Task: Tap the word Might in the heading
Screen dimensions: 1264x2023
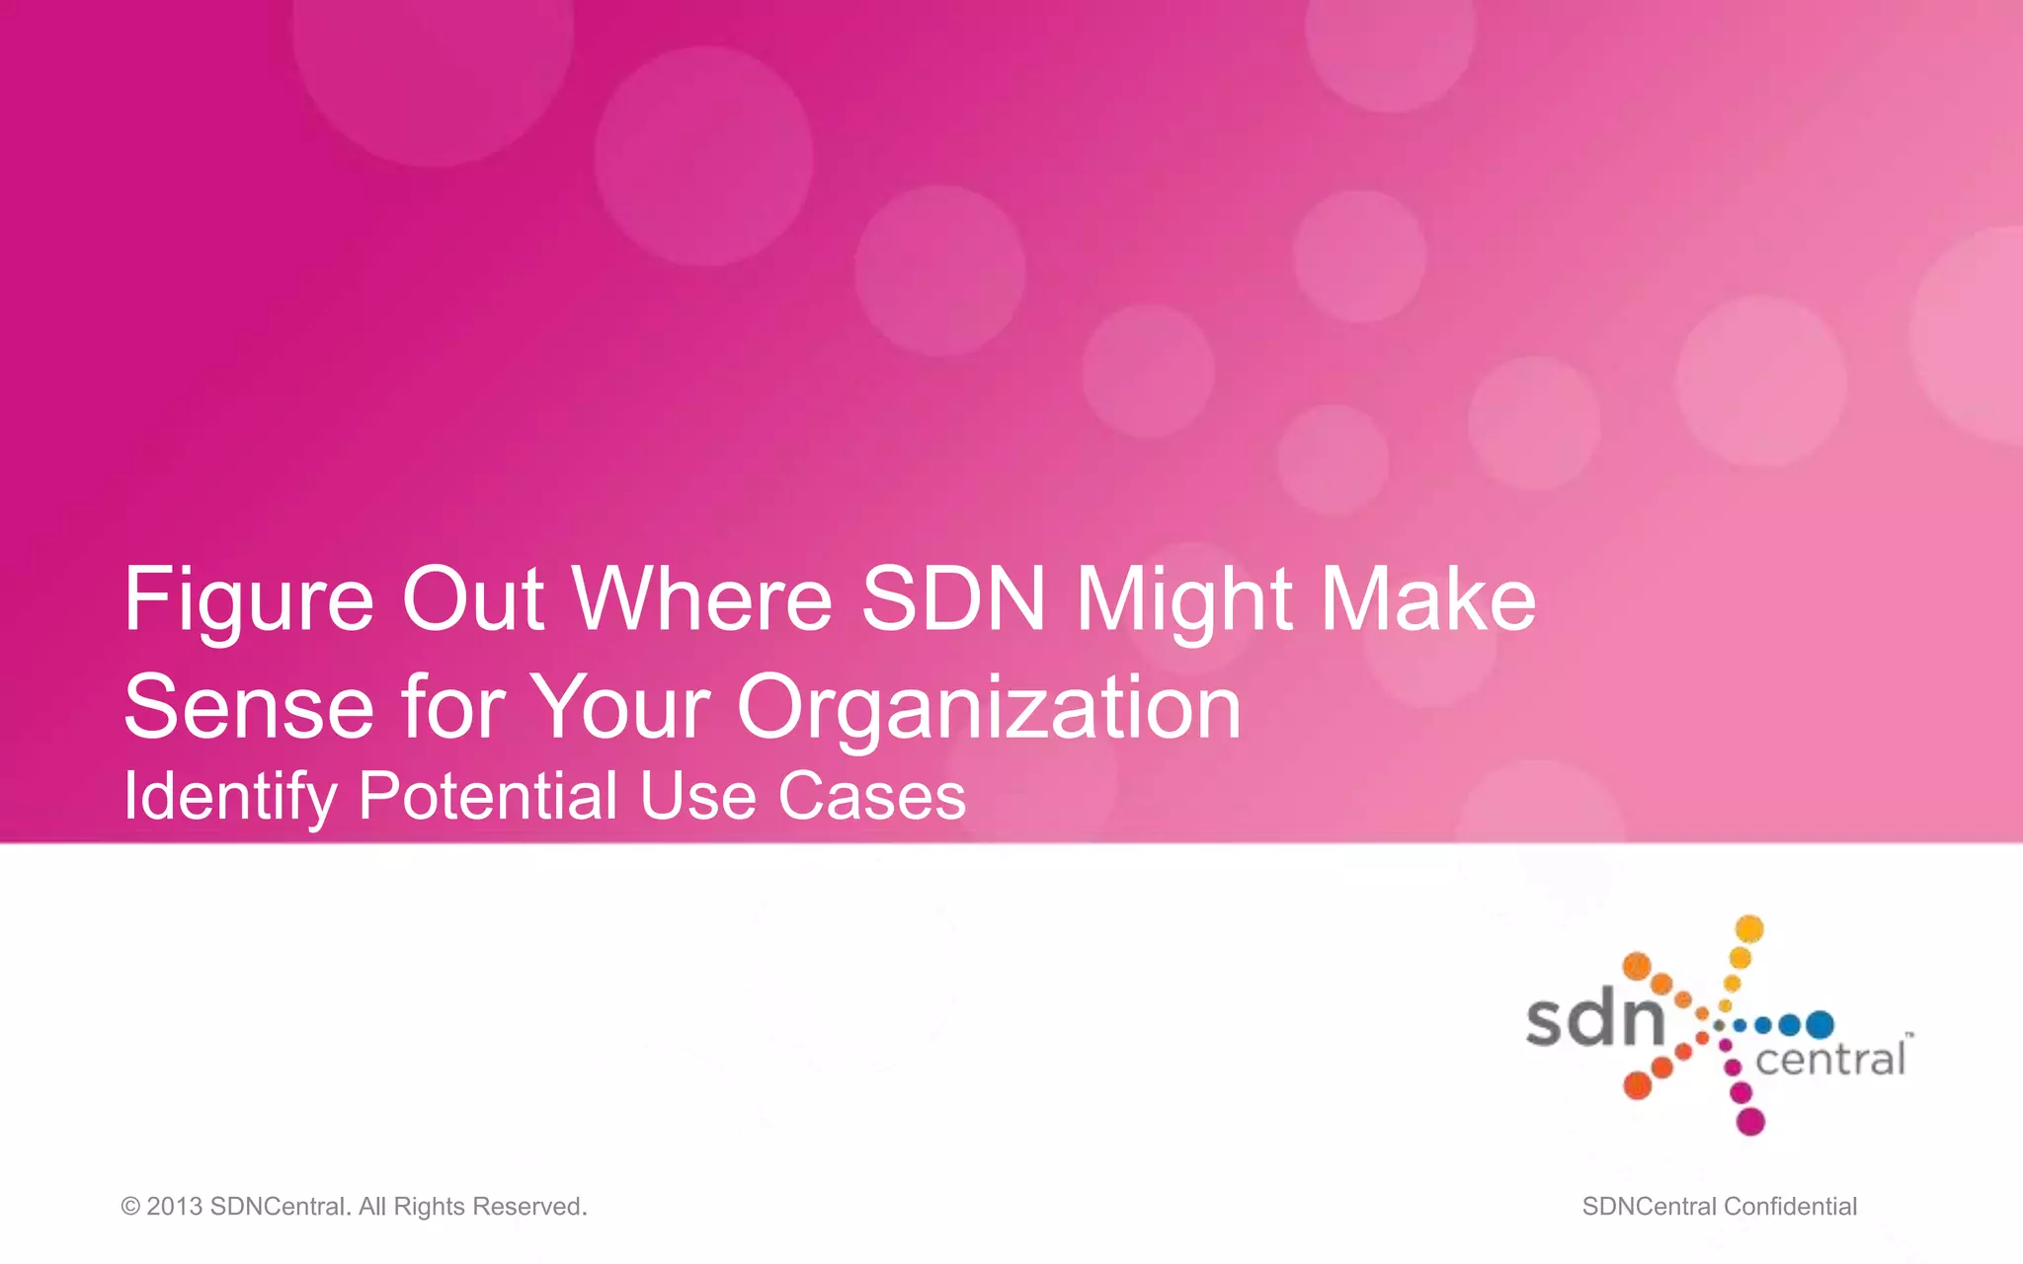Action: point(1184,600)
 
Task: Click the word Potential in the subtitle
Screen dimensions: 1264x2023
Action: point(488,796)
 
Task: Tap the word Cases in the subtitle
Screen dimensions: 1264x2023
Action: point(872,796)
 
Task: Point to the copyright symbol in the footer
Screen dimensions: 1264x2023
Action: point(130,1207)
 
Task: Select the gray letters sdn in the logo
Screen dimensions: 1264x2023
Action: point(1595,1020)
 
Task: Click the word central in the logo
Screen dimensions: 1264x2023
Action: point(1830,1061)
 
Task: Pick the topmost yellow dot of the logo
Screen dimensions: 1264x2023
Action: point(1749,928)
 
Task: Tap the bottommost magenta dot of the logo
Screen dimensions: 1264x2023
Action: point(1750,1122)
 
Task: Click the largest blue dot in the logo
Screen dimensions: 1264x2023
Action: point(1820,1025)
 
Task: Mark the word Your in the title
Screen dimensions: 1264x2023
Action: point(620,707)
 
